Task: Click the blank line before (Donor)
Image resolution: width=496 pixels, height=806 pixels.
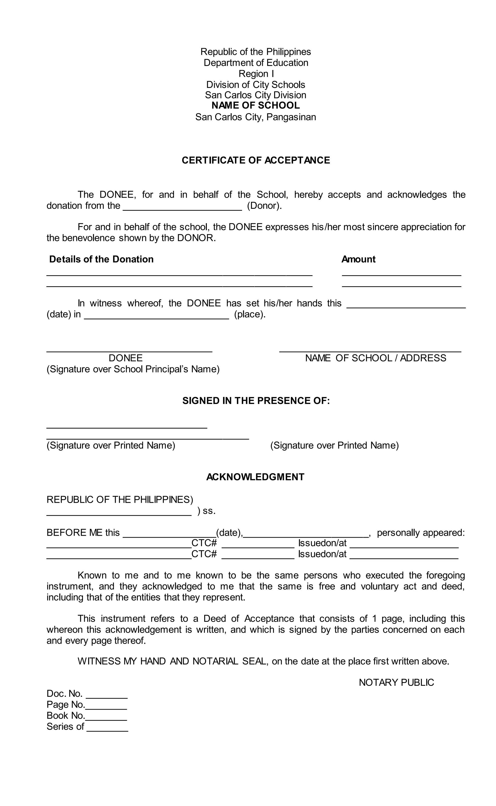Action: point(182,207)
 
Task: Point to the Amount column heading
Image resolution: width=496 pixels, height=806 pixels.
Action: point(358,259)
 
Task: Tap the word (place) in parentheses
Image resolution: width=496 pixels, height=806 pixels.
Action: point(250,314)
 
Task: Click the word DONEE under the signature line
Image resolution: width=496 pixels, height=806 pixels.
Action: point(126,358)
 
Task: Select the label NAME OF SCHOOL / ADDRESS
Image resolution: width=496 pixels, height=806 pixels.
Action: point(376,358)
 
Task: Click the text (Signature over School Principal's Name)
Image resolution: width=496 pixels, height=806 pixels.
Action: point(133,369)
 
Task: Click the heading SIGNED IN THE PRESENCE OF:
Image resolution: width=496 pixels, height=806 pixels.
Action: point(256,401)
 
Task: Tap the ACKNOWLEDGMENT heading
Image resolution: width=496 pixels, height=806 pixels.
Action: point(255,477)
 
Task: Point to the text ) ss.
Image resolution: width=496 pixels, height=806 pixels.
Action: point(206,511)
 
